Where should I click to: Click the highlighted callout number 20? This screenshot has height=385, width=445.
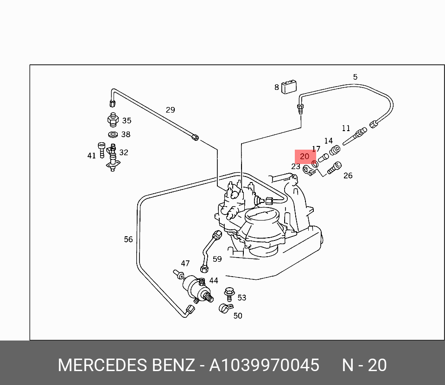tap(305, 157)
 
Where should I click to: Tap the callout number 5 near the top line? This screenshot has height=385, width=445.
tap(355, 77)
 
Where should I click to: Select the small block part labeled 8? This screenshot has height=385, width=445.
tap(291, 87)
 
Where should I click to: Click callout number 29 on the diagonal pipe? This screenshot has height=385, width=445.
tap(170, 110)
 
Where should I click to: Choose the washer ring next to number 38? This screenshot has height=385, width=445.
tap(113, 135)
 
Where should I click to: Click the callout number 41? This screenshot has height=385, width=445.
tap(92, 156)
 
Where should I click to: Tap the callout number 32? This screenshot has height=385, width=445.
tap(123, 152)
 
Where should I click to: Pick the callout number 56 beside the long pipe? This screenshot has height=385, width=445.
tap(128, 239)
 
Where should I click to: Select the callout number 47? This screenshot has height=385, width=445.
tap(185, 263)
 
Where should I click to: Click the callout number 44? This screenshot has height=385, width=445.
tap(213, 280)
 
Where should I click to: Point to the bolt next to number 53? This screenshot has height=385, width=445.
tap(229, 293)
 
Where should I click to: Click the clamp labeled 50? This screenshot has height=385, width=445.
tap(223, 308)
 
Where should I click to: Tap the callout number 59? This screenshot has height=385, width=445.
tap(217, 259)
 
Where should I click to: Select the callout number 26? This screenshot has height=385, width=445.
tap(348, 175)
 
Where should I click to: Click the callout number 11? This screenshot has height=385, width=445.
tap(346, 128)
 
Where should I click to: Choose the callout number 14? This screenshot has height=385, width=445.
tap(328, 141)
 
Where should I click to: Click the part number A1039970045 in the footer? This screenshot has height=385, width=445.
tap(264, 366)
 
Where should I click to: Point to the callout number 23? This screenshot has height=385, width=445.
tap(296, 166)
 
